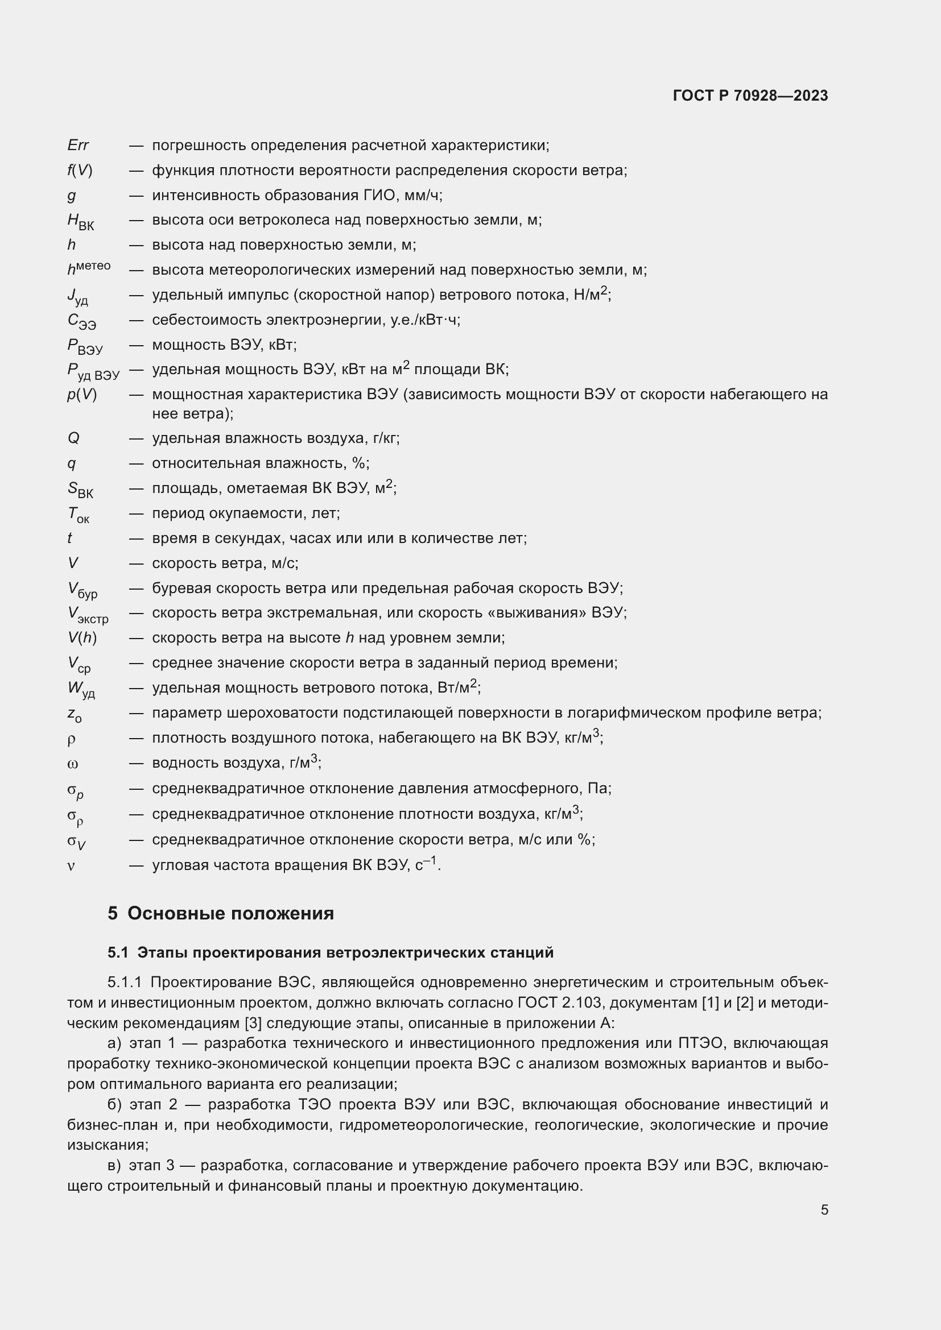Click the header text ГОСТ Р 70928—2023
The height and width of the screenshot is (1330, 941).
[x=750, y=96]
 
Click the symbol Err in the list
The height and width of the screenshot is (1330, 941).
[x=78, y=145]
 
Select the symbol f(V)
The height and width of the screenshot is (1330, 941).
[x=80, y=171]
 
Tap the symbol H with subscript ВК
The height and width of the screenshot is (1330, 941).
[x=81, y=221]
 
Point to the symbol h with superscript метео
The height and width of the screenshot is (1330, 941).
[x=89, y=268]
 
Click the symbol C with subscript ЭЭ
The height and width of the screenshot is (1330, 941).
[x=82, y=321]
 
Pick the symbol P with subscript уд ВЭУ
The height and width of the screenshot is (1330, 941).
[x=93, y=371]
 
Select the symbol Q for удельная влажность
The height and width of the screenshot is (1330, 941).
[x=73, y=438]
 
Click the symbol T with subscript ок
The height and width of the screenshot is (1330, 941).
[x=78, y=515]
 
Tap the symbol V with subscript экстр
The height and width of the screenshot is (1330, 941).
[x=88, y=615]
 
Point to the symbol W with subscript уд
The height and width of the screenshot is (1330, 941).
[x=81, y=689]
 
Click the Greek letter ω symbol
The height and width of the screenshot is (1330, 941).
[x=72, y=764]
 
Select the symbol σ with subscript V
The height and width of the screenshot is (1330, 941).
[x=76, y=841]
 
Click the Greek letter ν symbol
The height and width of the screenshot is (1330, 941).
[x=71, y=866]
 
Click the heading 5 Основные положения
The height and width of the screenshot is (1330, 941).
[x=221, y=914]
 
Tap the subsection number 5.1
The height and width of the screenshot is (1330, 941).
[x=118, y=953]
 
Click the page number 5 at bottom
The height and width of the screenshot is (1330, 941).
[x=824, y=1210]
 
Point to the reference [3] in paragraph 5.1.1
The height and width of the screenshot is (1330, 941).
[x=253, y=1023]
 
